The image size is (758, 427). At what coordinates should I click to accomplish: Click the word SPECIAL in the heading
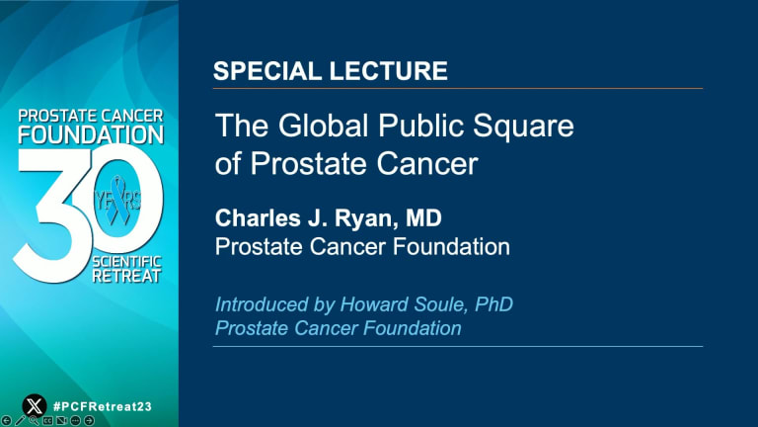click(x=267, y=71)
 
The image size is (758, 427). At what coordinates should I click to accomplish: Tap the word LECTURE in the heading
click(x=389, y=71)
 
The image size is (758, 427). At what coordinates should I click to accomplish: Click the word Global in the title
click(x=324, y=126)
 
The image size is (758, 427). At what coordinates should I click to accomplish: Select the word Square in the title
click(x=523, y=127)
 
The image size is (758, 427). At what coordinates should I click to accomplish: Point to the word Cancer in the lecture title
click(x=426, y=164)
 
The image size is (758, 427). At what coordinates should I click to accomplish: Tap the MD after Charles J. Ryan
click(x=423, y=217)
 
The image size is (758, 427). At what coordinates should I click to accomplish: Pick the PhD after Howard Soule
click(x=493, y=304)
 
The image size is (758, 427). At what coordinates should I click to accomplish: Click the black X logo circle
click(x=35, y=405)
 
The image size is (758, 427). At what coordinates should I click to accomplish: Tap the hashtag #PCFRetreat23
click(x=102, y=406)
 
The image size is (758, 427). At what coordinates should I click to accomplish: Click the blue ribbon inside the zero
click(x=117, y=200)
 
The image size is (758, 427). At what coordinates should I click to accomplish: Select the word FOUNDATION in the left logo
click(x=91, y=134)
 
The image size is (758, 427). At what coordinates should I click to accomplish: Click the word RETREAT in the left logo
click(x=126, y=277)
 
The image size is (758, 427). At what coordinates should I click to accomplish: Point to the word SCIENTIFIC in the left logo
click(x=126, y=262)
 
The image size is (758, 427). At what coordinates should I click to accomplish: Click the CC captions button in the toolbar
click(x=47, y=421)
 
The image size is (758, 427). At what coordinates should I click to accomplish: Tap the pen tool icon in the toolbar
click(x=20, y=421)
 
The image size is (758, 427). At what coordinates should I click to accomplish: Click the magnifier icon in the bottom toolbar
click(x=34, y=421)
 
